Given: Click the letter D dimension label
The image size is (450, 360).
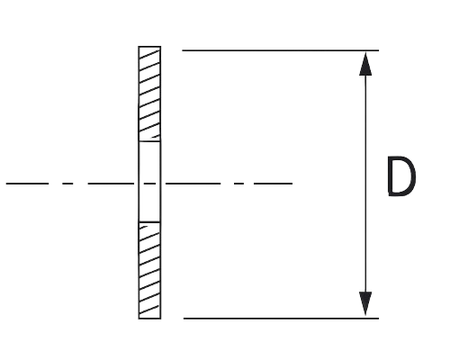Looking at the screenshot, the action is pos(401,176).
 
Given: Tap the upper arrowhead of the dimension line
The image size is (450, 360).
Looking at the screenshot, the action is pos(365,64).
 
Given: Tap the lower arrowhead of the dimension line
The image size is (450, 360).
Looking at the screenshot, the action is pos(365,303).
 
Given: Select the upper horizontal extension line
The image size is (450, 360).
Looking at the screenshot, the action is pos(280,50).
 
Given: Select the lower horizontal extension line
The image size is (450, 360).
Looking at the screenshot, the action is pos(281,319).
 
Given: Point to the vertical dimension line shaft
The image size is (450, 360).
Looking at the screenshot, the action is pos(365,184).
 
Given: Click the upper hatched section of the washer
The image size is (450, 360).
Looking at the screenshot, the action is pos(149,94).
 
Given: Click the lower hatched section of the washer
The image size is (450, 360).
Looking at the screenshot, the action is pos(149,271).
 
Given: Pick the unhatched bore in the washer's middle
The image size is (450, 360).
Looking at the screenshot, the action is pos(149,182).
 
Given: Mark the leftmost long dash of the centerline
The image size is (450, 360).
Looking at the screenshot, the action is pos(27,184).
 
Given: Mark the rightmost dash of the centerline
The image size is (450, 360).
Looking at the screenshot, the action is pos(273,184).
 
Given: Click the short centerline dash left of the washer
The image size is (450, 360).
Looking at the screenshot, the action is pos(67,184).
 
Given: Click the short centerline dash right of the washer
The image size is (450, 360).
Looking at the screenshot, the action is pos(238,184).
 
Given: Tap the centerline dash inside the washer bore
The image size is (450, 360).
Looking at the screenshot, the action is pos(149,184).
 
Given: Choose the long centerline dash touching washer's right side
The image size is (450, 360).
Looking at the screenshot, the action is pos(193,184).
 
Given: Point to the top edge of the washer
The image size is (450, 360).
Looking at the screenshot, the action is pos(149,47).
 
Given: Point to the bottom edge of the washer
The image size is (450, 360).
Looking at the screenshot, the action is pos(149,319).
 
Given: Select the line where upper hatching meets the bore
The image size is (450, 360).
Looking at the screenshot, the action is pos(149,141).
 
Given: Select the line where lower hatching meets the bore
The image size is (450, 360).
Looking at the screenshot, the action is pos(149,222).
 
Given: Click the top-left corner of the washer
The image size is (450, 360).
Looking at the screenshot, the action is pos(139,47).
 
